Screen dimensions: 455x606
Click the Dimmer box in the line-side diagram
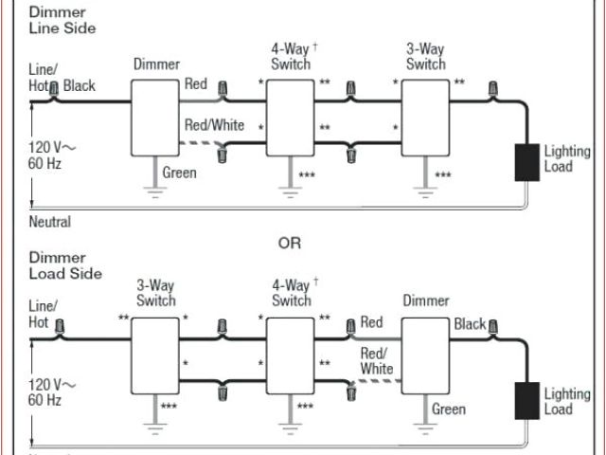coord(153,118)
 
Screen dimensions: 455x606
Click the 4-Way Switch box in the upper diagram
coord(289,118)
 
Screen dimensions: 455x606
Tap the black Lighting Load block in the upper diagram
coord(526,162)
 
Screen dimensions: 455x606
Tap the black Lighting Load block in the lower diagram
coord(526,399)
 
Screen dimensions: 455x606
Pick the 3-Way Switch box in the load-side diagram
coord(154,355)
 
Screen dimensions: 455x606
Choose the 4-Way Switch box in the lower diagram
coord(290,355)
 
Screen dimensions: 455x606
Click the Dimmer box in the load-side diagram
coord(425,355)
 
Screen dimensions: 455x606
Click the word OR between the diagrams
coord(289,243)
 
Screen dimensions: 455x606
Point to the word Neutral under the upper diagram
coord(50,223)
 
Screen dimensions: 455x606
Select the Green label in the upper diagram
coord(180,173)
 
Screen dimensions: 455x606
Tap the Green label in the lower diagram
coord(449,409)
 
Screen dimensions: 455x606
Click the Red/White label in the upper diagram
coord(214,125)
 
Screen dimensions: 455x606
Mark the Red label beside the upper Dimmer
coord(196,84)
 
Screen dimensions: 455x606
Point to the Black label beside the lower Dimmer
coord(470,324)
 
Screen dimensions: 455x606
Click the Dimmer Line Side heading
coord(62,21)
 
